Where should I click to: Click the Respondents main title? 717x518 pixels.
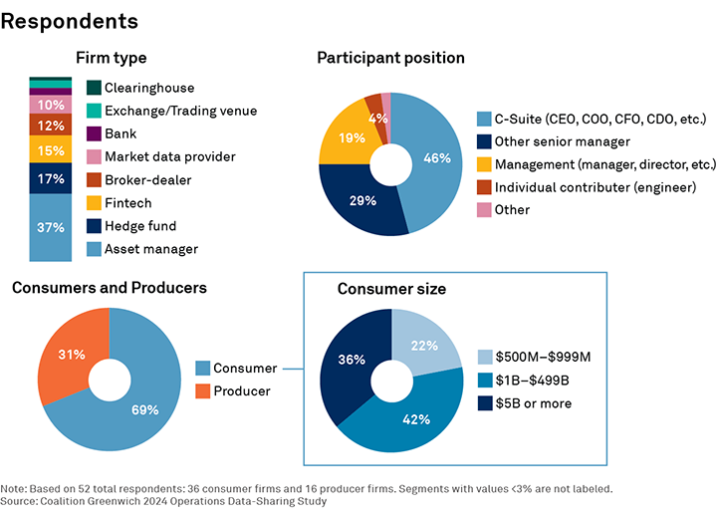(x=70, y=20)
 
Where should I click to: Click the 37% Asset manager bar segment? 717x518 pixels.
(x=51, y=227)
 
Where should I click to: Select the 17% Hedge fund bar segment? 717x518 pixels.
(x=51, y=178)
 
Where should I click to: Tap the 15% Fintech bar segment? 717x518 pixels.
(x=51, y=149)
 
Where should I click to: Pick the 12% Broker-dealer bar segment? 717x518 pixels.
(x=51, y=126)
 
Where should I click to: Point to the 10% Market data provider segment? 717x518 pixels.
(x=51, y=104)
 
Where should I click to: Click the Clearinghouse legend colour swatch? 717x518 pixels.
(x=94, y=88)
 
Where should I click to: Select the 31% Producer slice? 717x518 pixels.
(x=66, y=355)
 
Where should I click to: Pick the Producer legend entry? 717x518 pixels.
(x=243, y=390)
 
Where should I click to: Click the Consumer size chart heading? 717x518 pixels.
(x=391, y=289)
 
